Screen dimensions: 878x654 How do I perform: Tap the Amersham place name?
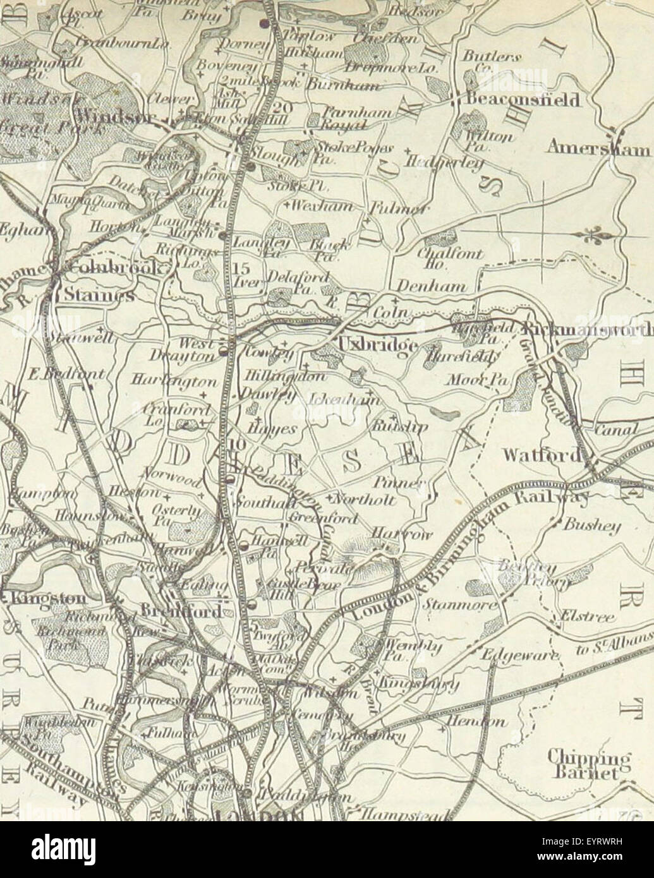click(598, 148)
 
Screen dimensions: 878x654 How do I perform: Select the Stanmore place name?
click(451, 605)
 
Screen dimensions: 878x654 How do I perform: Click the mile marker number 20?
click(284, 108)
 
